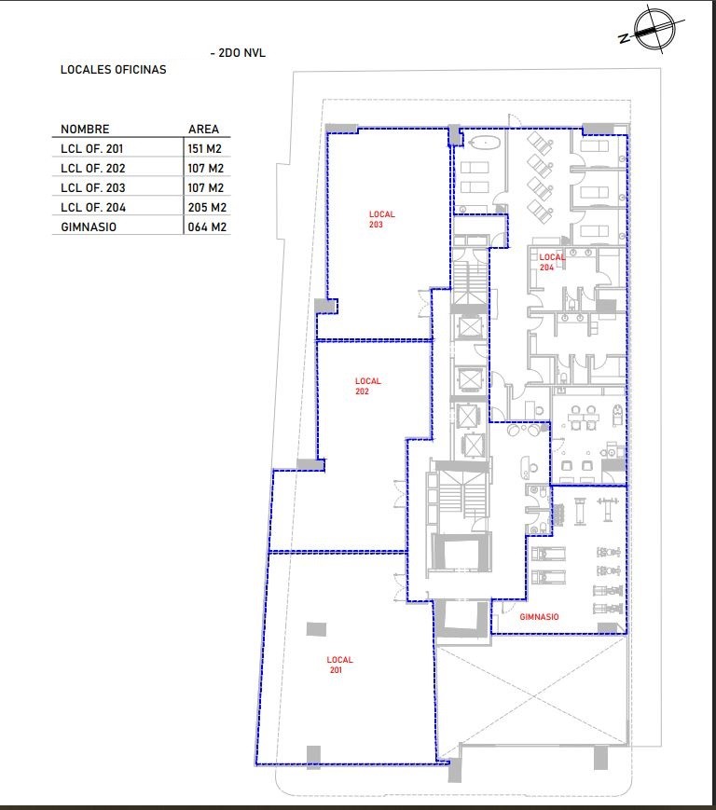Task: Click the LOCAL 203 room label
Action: [x=381, y=219]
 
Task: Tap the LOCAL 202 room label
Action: [x=368, y=386]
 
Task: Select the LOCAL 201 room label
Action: [x=339, y=665]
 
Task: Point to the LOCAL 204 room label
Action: [x=552, y=262]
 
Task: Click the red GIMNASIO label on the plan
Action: [x=539, y=617]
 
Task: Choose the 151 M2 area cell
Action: [x=204, y=149]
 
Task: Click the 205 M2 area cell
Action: [x=207, y=207]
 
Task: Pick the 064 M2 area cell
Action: [x=207, y=227]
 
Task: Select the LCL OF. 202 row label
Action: [x=93, y=169]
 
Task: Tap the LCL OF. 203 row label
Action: [x=93, y=188]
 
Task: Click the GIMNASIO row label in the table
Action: [x=89, y=227]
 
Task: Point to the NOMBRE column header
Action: [x=85, y=130]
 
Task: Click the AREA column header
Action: [x=203, y=130]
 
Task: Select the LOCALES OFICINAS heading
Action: [x=113, y=70]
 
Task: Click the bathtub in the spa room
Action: [x=484, y=144]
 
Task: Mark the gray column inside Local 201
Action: [x=316, y=628]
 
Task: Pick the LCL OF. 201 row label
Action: [x=92, y=149]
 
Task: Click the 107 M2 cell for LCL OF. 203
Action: [x=206, y=188]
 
